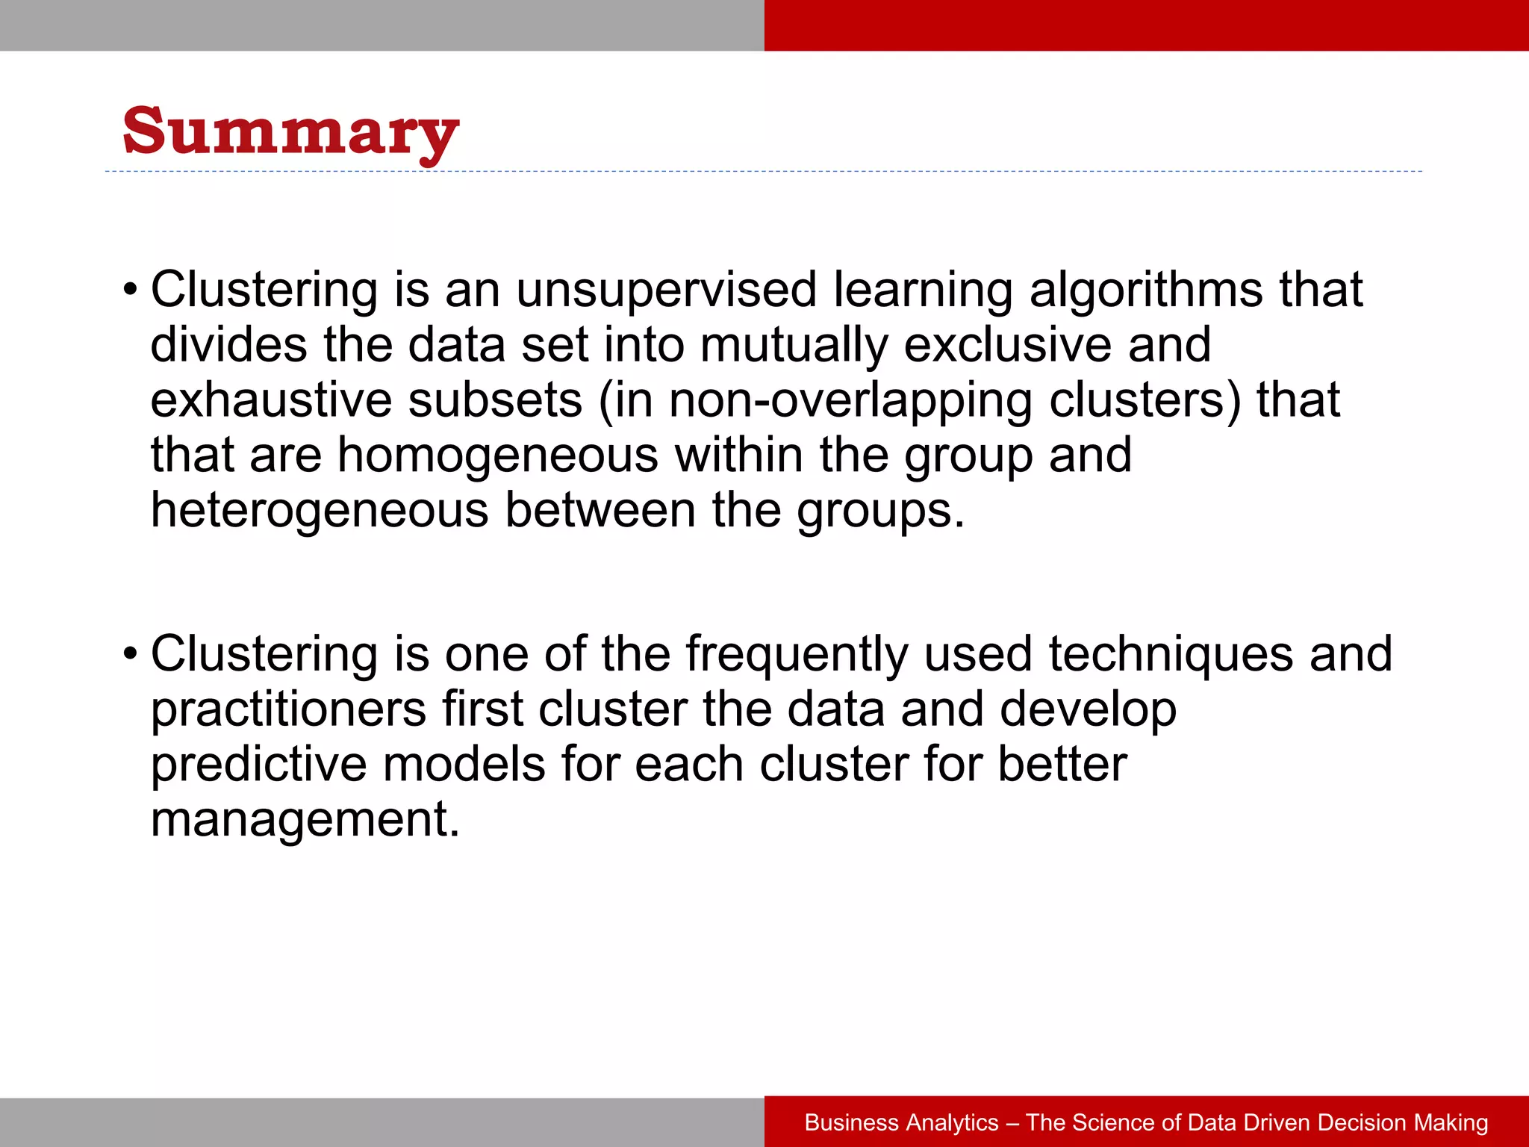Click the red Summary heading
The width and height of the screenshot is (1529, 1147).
pos(290,132)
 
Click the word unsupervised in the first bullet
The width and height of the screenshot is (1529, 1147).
pos(667,290)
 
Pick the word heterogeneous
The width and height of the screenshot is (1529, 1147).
pos(320,511)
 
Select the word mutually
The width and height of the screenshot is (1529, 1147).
pos(794,345)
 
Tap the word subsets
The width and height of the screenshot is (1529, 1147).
pos(495,400)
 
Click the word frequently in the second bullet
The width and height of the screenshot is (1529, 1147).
pos(797,654)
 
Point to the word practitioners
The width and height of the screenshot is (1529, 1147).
pos(288,709)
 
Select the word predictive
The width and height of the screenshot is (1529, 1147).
pos(258,765)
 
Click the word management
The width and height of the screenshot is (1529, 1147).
pos(305,819)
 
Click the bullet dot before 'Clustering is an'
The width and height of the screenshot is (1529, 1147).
pos(131,290)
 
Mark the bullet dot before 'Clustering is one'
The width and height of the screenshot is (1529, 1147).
pos(131,654)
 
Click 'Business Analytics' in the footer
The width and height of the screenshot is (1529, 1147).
pos(901,1122)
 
